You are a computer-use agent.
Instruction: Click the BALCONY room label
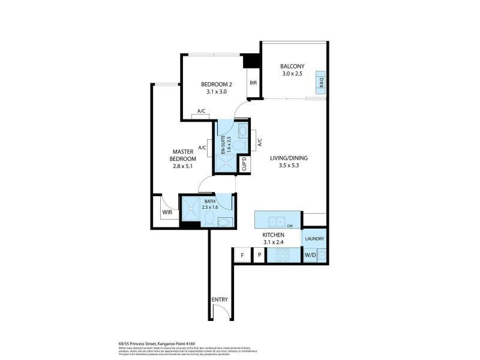coord(293,66)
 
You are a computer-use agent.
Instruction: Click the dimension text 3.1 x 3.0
coord(216,92)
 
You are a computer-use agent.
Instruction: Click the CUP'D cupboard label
coord(246,164)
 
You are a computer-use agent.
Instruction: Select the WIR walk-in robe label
coord(166,212)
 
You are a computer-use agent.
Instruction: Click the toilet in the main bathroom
coord(209,220)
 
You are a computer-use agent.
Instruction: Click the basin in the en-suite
coord(241,131)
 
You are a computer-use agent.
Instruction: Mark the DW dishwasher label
coord(289,226)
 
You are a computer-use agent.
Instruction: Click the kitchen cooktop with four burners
coord(280,255)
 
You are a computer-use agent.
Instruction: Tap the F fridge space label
coord(242,255)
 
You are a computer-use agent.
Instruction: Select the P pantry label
coord(259,255)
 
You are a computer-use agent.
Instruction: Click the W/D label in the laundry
coord(310,255)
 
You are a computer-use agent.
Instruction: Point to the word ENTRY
coord(219,300)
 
